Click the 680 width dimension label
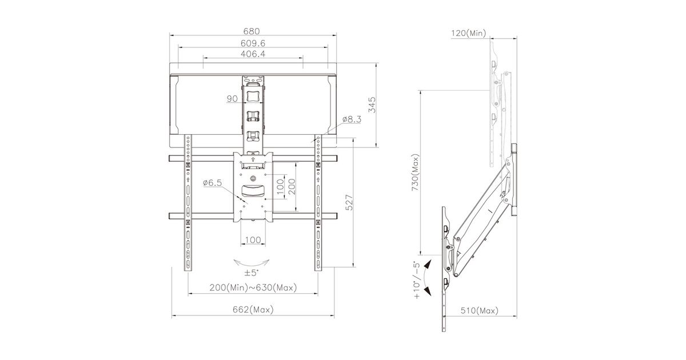coord(252,31)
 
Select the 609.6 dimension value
coord(253,43)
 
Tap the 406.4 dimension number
coord(253,54)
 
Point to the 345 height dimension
coord(372,105)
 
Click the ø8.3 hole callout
coord(352,119)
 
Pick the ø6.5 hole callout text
coord(212,183)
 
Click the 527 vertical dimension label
coord(349,202)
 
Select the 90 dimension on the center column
coord(232,98)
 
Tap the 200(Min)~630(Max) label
coord(253,287)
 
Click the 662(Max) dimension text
coord(253,310)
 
